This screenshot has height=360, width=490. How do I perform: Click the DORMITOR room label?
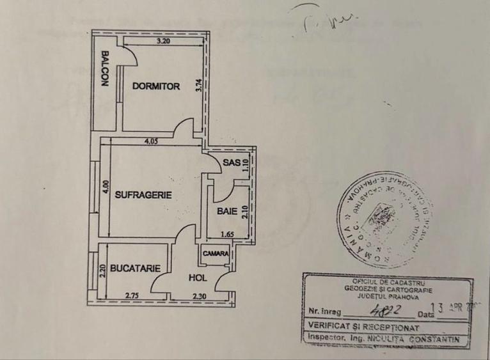[156, 86]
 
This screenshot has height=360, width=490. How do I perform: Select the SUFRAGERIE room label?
[143, 196]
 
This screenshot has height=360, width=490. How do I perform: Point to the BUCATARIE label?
[134, 269]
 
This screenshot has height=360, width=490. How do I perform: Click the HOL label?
[197, 278]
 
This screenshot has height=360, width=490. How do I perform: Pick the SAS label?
[231, 163]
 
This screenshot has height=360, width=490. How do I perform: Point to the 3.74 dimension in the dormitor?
[200, 86]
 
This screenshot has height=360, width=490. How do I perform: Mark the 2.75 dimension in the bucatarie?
[132, 295]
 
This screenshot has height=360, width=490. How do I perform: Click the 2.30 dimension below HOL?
[200, 295]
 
